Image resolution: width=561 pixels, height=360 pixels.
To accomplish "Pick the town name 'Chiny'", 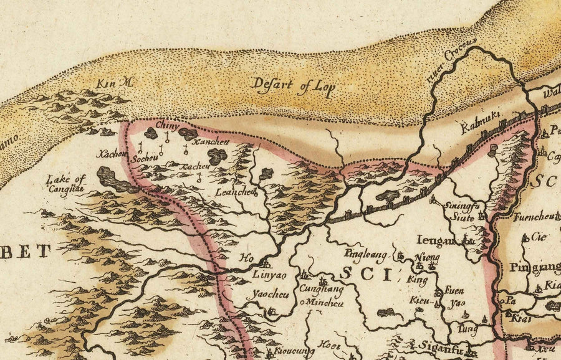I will click(166, 126).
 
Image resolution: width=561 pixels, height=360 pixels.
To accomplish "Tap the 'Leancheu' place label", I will click(236, 192).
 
